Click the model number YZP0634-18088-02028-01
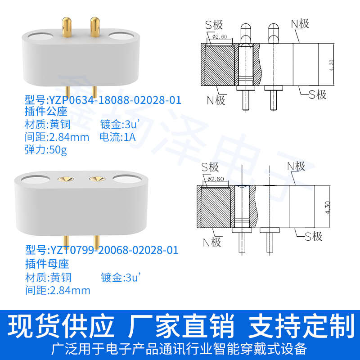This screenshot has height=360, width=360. click(x=103, y=100)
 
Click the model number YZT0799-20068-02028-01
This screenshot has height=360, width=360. click(x=102, y=250)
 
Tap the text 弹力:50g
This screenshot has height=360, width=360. click(x=45, y=150)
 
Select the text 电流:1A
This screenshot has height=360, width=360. click(x=117, y=137)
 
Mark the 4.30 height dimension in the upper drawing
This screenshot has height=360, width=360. click(x=332, y=65)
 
